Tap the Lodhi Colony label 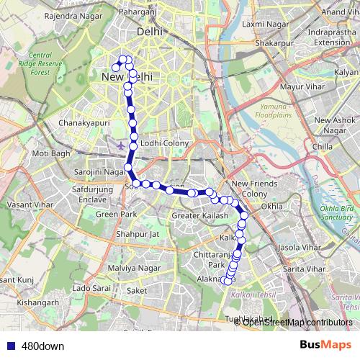165,143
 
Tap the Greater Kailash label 200,216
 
